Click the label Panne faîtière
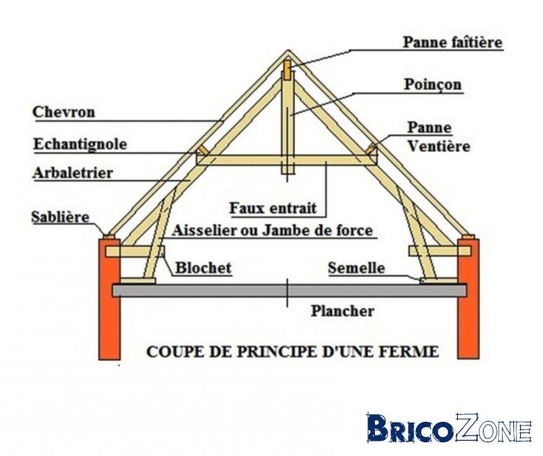pyautogui.click(x=452, y=43)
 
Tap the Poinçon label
pyautogui.click(x=433, y=85)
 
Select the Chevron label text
pyautogui.click(x=63, y=112)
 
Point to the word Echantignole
pyautogui.click(x=81, y=144)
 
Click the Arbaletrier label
pyautogui.click(x=73, y=173)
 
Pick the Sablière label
pyautogui.click(x=61, y=217)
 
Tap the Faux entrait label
pyautogui.click(x=273, y=208)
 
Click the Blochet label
pyautogui.click(x=203, y=268)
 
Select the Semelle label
pyautogui.click(x=357, y=268)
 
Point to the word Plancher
pyautogui.click(x=342, y=311)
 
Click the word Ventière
pyautogui.click(x=439, y=146)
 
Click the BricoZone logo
pyautogui.click(x=449, y=428)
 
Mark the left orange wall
pyautogui.click(x=110, y=299)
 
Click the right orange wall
pyautogui.click(x=468, y=299)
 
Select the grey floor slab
pyautogui.click(x=290, y=290)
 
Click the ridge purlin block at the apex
pyautogui.click(x=287, y=69)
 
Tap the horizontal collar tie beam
pyautogui.click(x=287, y=160)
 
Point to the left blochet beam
pyautogui.click(x=135, y=252)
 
